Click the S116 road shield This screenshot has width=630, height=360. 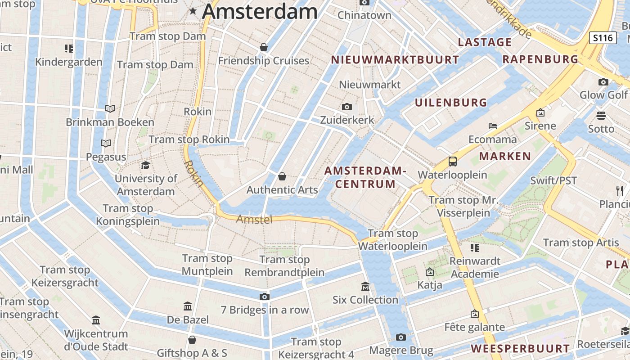[x=603, y=38]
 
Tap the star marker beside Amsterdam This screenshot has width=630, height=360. [x=193, y=11]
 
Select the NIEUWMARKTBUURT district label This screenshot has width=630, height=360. [x=395, y=59]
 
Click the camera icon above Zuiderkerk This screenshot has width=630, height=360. [x=346, y=107]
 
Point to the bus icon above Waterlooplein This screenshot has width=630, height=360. [x=452, y=162]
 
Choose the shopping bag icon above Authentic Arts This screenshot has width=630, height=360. [x=282, y=176]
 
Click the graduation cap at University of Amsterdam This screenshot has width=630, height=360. [x=145, y=165]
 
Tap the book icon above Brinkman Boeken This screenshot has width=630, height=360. [x=110, y=108]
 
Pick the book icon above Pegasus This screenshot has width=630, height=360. [x=106, y=143]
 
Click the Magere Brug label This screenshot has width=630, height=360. [x=401, y=351]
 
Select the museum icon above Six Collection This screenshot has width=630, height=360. [x=365, y=286]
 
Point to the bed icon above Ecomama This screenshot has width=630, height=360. [x=493, y=126]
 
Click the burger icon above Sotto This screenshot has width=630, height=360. [x=601, y=116]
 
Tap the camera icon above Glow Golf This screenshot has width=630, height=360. [x=603, y=82]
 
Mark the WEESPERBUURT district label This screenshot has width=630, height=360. [x=520, y=348]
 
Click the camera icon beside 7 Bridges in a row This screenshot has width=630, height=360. [x=264, y=297]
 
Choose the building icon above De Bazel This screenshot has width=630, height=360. [x=188, y=306]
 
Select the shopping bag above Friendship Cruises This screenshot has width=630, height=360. [x=264, y=47]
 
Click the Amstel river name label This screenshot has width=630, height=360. [x=254, y=220]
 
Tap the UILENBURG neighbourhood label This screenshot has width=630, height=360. [x=450, y=103]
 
